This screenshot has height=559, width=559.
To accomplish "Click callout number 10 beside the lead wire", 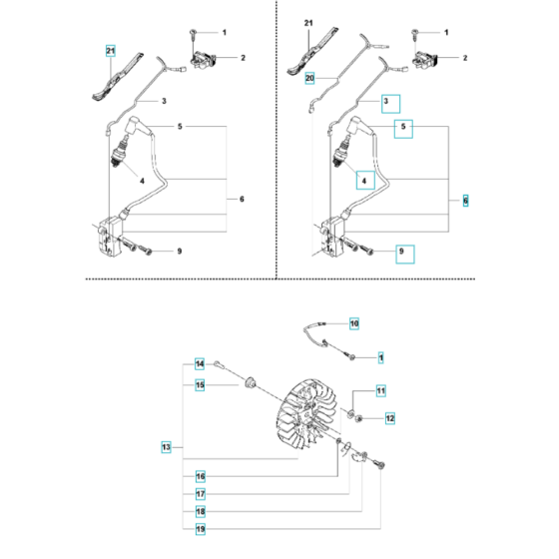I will click(353, 322).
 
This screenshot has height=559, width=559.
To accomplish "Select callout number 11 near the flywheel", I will click(380, 389).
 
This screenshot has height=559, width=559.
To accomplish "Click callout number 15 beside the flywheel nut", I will click(200, 384).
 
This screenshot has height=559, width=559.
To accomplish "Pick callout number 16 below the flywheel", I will click(200, 476).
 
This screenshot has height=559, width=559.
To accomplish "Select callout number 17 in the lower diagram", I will click(200, 493).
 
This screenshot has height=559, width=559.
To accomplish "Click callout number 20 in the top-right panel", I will click(309, 77).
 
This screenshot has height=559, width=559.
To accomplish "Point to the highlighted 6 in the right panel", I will click(466, 201).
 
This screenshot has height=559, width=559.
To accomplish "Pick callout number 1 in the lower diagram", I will click(380, 355).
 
